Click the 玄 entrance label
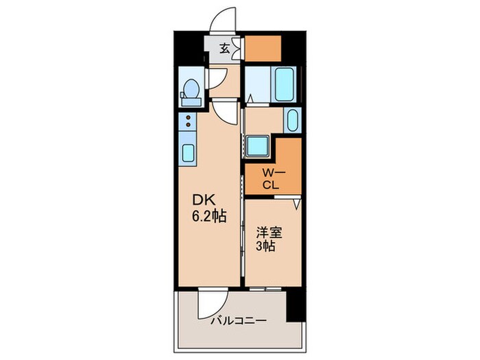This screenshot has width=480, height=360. [224, 48]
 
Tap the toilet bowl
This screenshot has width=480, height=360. [191, 89]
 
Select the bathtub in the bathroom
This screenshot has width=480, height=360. [285, 84]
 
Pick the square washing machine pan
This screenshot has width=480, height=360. [259, 147]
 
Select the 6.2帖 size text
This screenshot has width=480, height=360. [209, 215]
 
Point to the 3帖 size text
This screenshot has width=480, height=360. [266, 246]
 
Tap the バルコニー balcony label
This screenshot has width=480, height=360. [238, 320]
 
